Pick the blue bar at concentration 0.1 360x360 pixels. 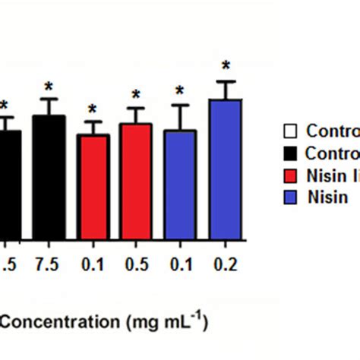pyautogui.click(x=180, y=184)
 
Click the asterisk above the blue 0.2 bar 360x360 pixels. pyautogui.click(x=225, y=66)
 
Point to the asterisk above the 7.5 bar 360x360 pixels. pyautogui.click(x=49, y=86)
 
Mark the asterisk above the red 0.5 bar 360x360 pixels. pyautogui.click(x=136, y=95)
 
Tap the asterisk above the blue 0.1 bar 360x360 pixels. pyautogui.click(x=180, y=91)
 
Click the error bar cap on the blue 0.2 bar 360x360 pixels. pyautogui.click(x=225, y=81)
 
